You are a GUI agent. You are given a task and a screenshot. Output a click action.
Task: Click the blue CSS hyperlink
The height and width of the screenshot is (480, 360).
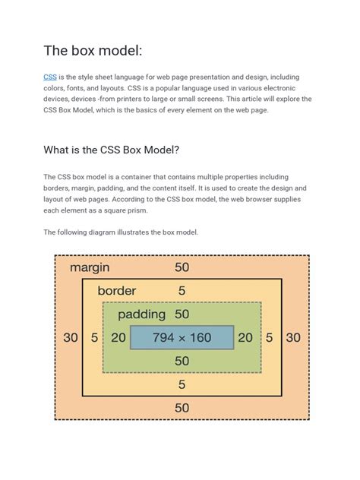point(49,77)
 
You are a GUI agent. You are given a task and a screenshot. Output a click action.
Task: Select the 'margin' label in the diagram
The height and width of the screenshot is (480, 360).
point(90,267)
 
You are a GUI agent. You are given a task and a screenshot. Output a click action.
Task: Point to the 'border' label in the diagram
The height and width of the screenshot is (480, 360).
point(117,290)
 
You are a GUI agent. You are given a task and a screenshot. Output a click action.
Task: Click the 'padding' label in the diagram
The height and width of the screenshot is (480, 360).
point(141,314)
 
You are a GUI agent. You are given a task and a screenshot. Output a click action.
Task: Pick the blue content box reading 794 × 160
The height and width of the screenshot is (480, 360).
point(182,337)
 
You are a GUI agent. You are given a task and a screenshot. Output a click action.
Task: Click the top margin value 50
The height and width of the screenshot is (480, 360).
point(182,267)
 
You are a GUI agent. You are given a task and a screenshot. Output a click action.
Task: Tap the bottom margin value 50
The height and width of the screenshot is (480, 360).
point(182,408)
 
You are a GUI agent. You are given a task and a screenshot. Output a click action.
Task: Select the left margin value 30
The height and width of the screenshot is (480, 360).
point(70,338)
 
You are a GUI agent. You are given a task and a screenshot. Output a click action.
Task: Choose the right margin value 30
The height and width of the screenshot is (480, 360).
point(293,338)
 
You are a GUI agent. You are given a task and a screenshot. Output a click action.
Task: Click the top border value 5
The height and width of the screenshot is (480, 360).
point(182,290)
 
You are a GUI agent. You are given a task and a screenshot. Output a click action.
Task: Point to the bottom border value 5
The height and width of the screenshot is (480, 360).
point(182,385)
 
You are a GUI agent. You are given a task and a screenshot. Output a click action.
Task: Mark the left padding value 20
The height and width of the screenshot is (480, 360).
point(118,338)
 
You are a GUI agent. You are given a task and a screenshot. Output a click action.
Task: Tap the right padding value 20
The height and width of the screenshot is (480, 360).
point(245,338)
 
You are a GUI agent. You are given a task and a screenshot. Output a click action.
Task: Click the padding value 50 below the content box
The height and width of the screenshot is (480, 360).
point(182,362)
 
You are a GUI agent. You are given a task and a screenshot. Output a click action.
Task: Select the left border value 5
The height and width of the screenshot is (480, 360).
point(94,338)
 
